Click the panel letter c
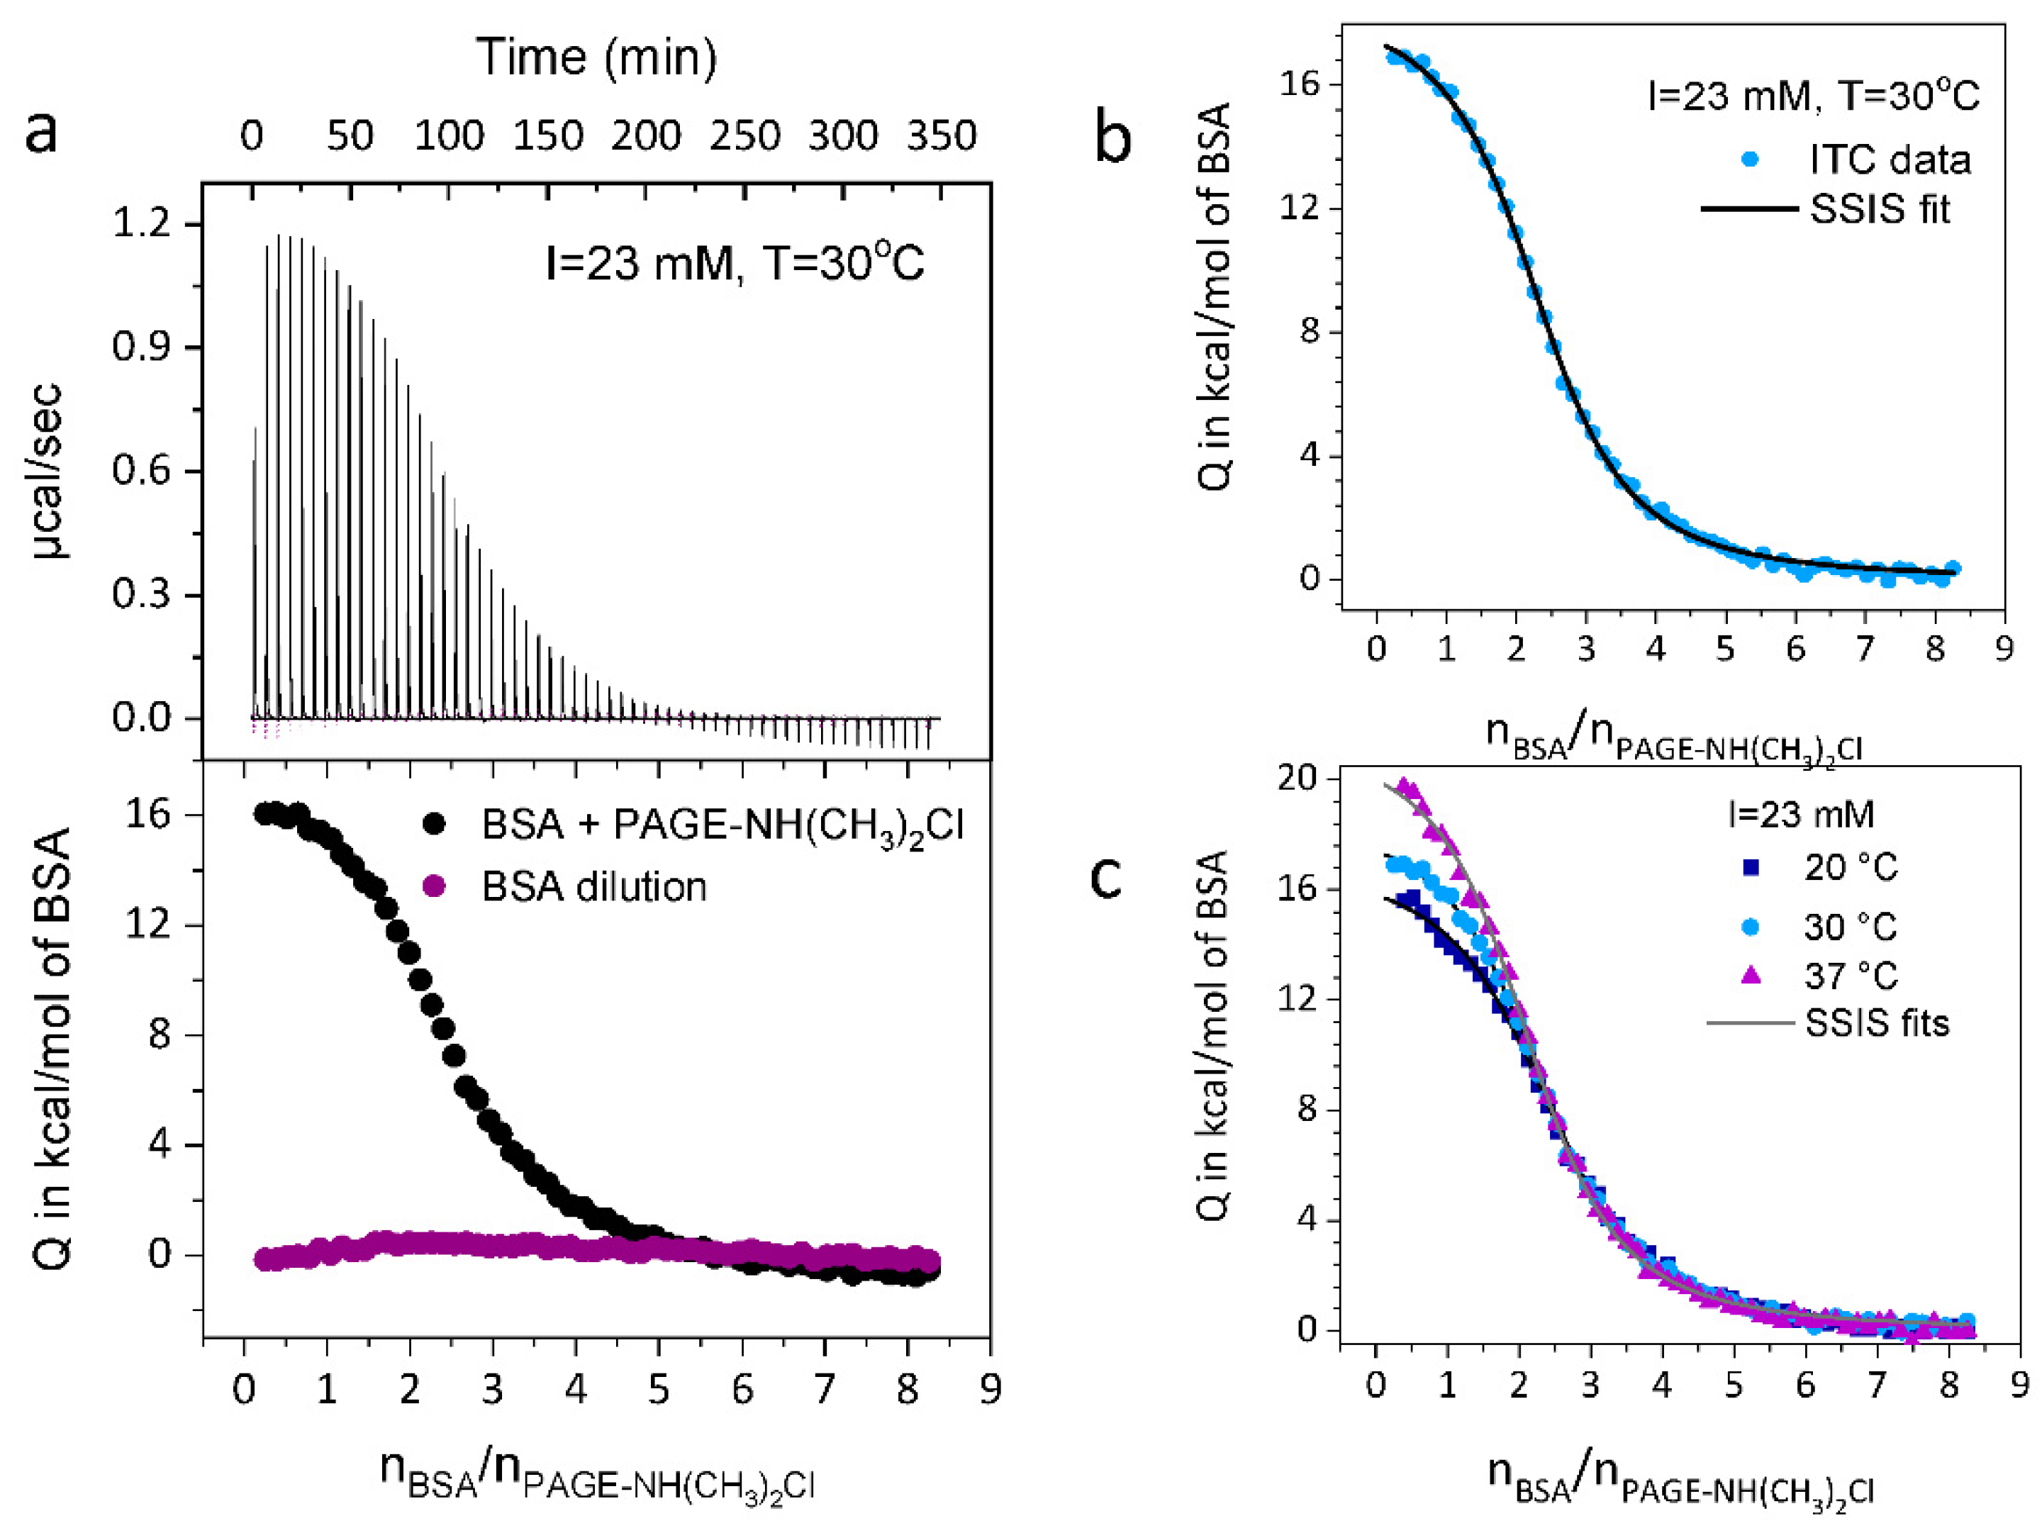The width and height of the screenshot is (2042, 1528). click(x=1106, y=878)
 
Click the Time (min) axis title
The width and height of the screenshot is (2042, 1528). click(x=596, y=57)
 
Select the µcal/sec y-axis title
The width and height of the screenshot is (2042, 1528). click(x=48, y=472)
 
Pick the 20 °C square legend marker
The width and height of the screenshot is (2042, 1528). click(x=1751, y=868)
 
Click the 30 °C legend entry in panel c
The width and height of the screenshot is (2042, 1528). click(x=1849, y=926)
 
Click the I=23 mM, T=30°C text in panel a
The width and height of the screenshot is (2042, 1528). click(x=735, y=265)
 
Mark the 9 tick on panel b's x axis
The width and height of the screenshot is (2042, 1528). click(x=2003, y=649)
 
